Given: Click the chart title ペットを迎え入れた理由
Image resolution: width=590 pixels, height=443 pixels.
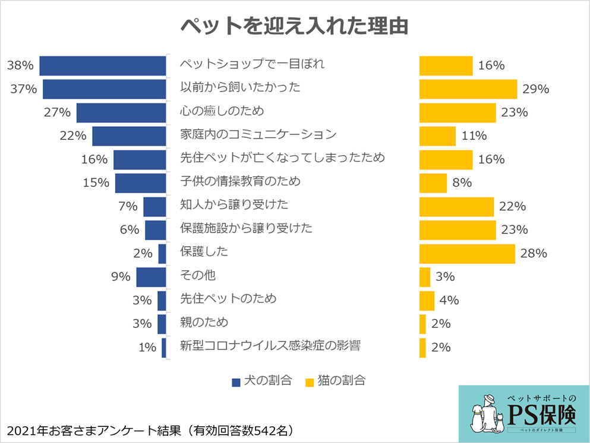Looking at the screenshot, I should (294, 27).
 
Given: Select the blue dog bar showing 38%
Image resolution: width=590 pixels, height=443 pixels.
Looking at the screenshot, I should (103, 65).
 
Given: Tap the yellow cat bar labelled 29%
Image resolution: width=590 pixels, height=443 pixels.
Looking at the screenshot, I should (468, 89).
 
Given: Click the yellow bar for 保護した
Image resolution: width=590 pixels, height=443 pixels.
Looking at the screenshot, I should (467, 253).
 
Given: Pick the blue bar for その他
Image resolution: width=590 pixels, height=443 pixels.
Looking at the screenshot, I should (151, 277).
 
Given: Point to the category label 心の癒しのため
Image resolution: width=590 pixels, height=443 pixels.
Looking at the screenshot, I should (222, 111).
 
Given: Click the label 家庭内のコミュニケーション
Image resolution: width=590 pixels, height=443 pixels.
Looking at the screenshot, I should (258, 134).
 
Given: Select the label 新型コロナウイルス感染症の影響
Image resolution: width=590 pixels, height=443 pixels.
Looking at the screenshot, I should (270, 345).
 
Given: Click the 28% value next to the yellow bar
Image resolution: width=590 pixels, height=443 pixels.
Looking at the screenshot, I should (534, 253).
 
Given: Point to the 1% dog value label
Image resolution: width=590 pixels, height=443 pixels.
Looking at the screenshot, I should (147, 348).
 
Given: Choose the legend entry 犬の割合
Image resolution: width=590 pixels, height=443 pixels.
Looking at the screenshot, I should (262, 381).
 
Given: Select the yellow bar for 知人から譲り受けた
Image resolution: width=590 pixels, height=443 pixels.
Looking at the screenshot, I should (456, 206).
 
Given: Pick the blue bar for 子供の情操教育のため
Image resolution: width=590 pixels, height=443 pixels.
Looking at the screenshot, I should (140, 183).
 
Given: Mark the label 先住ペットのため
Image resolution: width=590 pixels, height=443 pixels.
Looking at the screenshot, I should (228, 299).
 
